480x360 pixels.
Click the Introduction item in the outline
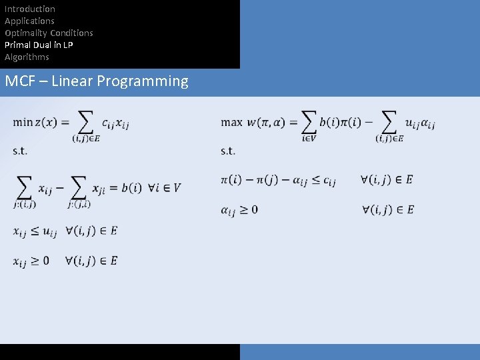30,9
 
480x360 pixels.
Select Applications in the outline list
29,21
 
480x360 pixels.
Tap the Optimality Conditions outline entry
49,33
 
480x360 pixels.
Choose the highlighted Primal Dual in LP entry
39,45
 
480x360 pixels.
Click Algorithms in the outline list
27,57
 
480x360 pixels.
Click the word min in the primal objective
23,122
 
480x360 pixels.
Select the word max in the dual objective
231,122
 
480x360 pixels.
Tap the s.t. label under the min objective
20,151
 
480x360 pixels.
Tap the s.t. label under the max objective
228,151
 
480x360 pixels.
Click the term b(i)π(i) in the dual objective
341,122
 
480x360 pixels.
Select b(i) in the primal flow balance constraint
131,187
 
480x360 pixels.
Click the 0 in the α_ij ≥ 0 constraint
253,209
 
